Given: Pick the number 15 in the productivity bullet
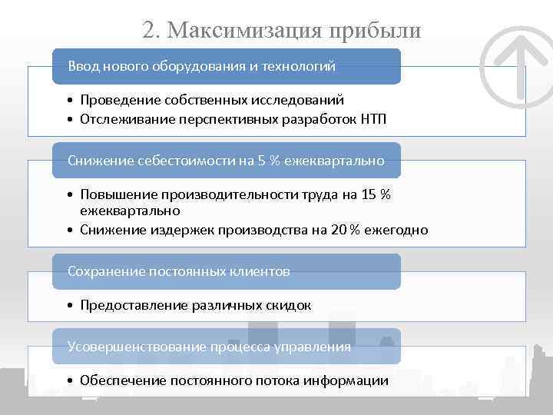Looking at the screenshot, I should tap(369, 194).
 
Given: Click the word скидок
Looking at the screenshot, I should tap(288, 305).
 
